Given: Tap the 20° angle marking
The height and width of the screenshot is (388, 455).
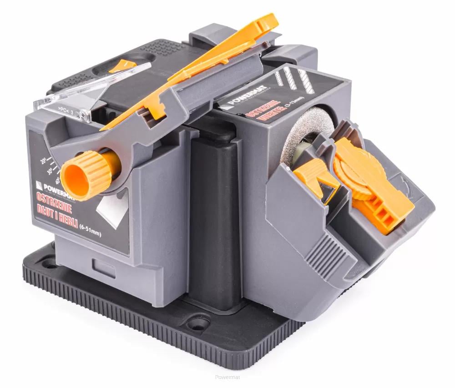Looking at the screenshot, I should (x=44, y=161).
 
